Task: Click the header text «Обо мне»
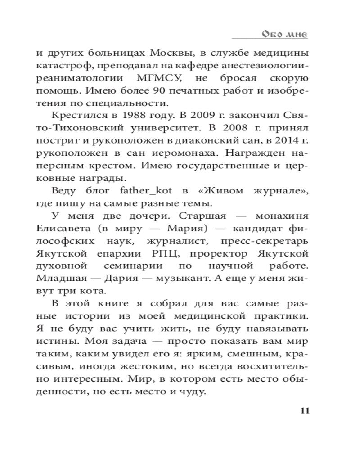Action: point(284,35)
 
